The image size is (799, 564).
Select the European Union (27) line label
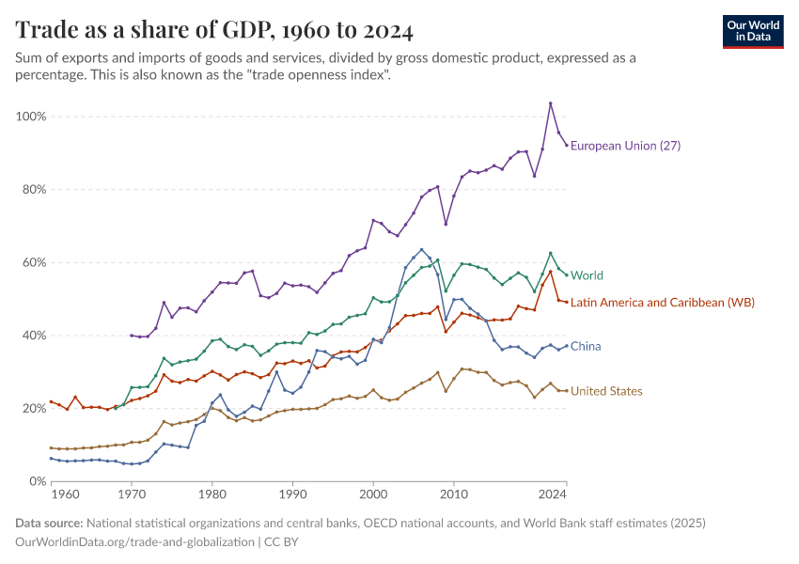625,146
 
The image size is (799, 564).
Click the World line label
587,275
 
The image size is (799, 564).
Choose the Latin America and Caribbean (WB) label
662,302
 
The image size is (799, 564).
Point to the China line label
586,347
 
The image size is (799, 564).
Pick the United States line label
606,391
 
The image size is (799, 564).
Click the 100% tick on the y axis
31,117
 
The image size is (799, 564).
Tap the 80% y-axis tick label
34,189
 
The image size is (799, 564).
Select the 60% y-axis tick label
34,262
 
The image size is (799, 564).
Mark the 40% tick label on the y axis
34,336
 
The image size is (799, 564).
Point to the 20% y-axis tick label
34,408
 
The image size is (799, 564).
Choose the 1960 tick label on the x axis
65,493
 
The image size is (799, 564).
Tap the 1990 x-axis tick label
292,493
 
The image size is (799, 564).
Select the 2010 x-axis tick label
454,493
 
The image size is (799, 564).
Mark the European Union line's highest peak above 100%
551,103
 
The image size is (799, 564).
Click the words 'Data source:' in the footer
49,523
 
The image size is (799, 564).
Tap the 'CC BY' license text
282,541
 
